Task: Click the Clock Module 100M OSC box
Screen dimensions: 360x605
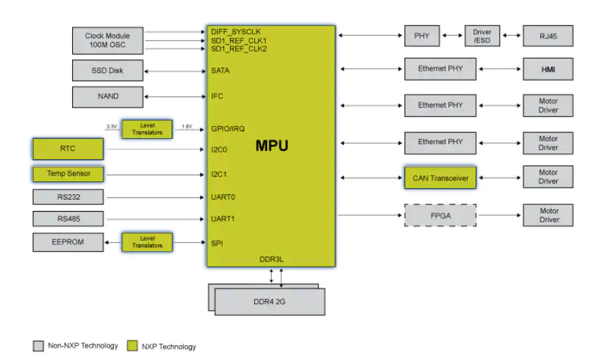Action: click(107, 41)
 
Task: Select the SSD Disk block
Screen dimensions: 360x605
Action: click(107, 70)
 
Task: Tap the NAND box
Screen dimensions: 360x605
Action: click(107, 96)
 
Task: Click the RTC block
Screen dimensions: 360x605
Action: click(67, 148)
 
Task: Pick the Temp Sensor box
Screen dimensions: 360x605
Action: click(67, 174)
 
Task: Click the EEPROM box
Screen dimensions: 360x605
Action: click(67, 241)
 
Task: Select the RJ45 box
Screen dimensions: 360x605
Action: click(548, 35)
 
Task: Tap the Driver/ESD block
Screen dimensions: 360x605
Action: click(482, 36)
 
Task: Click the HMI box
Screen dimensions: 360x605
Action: click(548, 69)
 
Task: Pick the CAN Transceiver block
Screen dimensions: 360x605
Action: click(440, 178)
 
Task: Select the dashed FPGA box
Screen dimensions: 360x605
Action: click(440, 215)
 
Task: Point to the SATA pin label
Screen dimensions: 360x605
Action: click(221, 70)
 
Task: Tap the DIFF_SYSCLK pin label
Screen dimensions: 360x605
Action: click(235, 32)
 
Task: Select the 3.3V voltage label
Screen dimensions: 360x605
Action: click(111, 127)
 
